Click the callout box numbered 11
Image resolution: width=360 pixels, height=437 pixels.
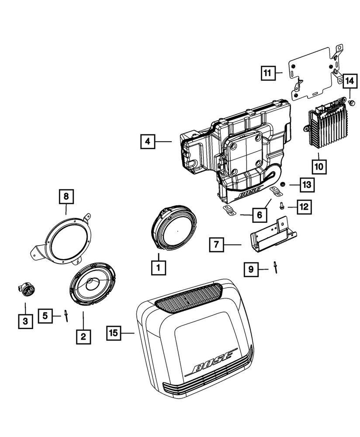pyautogui.click(x=267, y=73)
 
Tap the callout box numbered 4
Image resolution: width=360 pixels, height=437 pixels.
pyautogui.click(x=148, y=142)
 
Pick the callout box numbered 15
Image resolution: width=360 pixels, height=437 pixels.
pyautogui.click(x=113, y=333)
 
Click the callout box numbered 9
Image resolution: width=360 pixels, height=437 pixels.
pyautogui.click(x=251, y=269)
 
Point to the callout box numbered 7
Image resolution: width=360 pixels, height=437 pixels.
pyautogui.click(x=216, y=245)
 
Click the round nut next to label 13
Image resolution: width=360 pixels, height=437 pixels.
pyautogui.click(x=283, y=185)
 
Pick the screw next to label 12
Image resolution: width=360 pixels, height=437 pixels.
pyautogui.click(x=282, y=205)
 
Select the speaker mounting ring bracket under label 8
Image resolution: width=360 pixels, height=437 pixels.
pyautogui.click(x=66, y=241)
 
